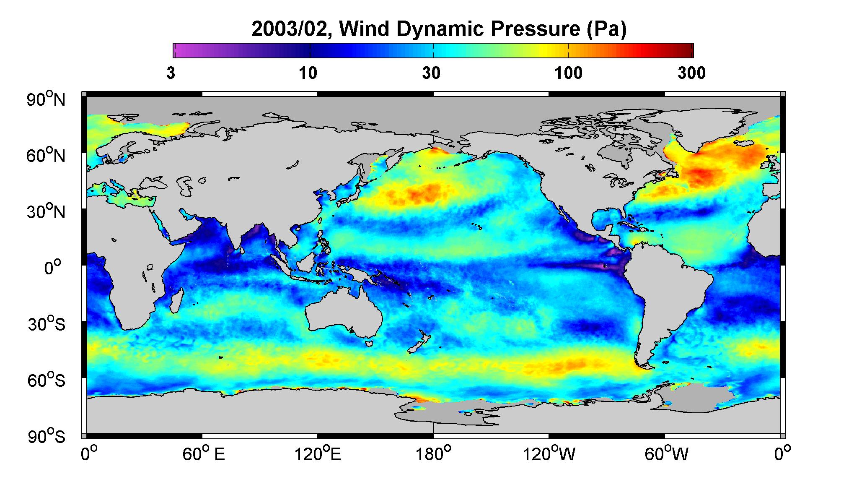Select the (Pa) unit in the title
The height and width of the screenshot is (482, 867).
point(606,29)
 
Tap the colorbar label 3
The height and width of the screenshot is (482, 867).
point(171,73)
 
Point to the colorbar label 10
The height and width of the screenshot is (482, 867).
point(308,73)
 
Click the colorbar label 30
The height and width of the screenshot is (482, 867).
point(432,73)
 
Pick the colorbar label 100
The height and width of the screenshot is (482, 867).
point(569,73)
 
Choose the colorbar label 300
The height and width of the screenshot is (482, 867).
point(692,73)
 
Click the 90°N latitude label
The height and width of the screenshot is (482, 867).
point(47,99)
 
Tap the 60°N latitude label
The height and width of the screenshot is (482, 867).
point(47,156)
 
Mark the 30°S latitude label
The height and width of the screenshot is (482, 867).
point(47,324)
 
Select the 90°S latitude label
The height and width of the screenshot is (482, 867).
point(47,437)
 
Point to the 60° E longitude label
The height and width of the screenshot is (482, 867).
point(204,454)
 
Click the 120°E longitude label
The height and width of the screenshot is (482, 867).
point(318,454)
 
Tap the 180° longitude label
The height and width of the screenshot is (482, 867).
point(433,454)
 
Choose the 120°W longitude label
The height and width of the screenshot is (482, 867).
point(549,454)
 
